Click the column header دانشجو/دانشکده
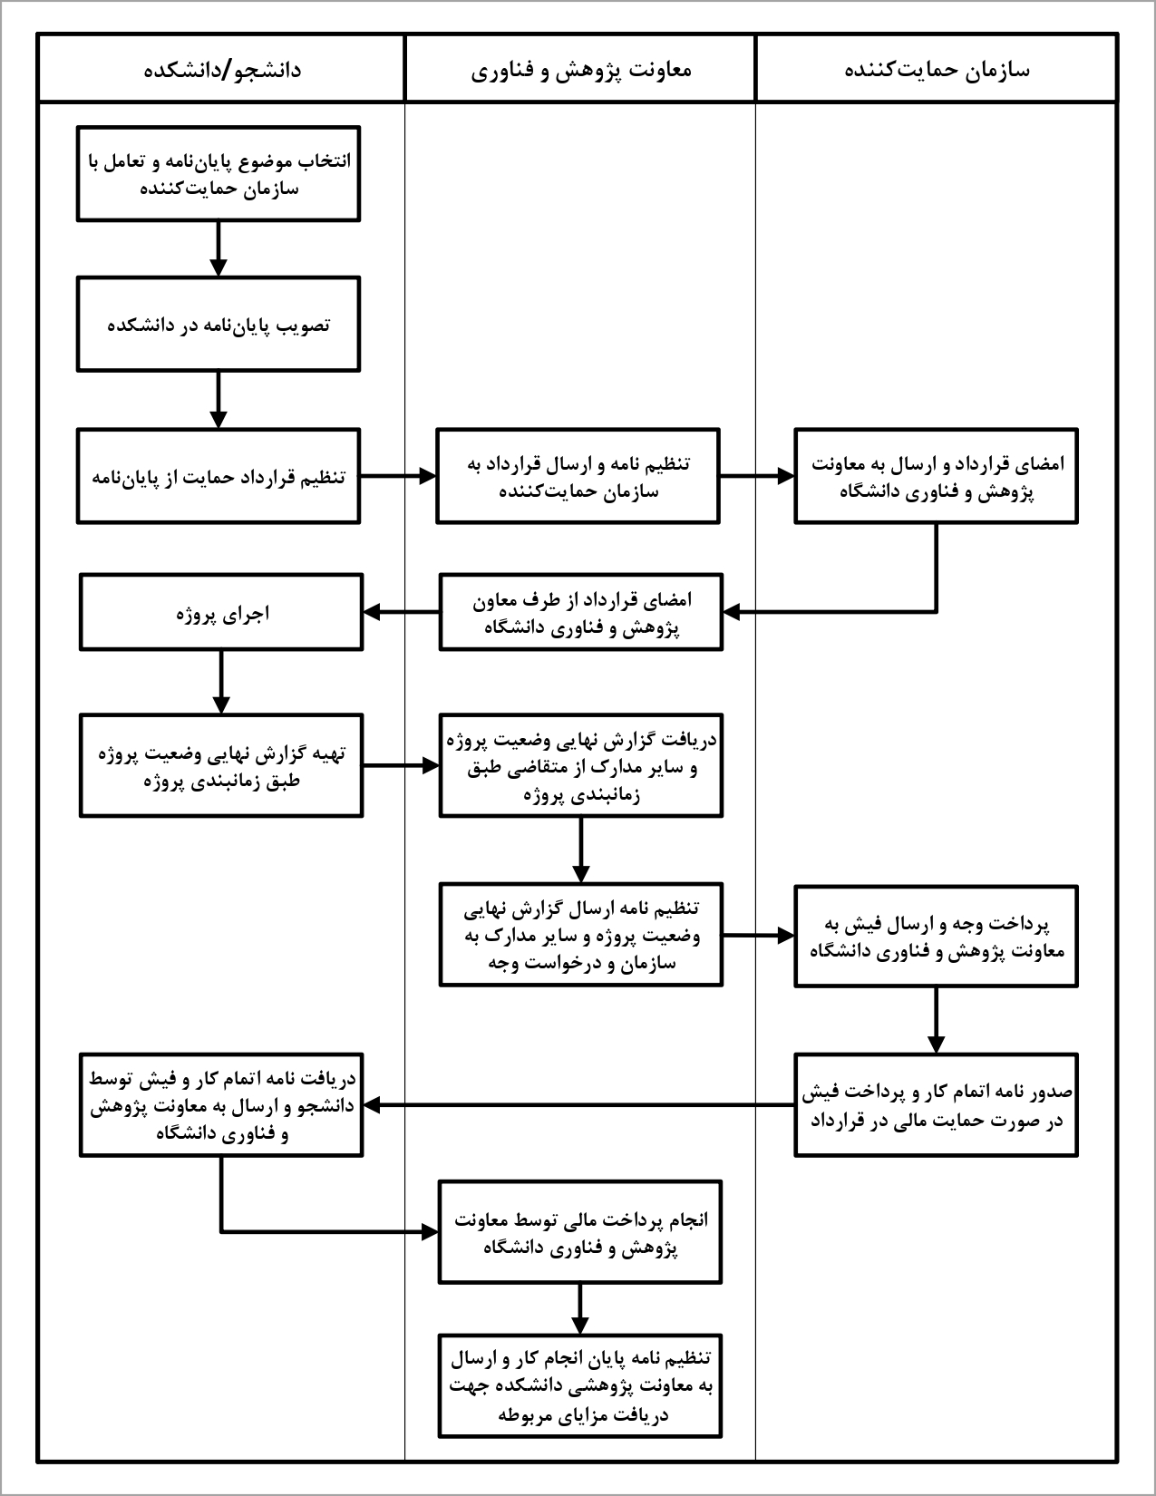pyautogui.click(x=221, y=70)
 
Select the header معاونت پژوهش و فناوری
pyautogui.click(x=580, y=70)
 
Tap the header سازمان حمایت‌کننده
pyautogui.click(x=936, y=70)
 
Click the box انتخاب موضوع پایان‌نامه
pyautogui.click(x=219, y=174)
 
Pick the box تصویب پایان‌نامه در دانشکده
pyautogui.click(x=219, y=325)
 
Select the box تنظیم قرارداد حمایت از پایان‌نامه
pyautogui.click(x=219, y=476)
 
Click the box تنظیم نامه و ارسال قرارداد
pyautogui.click(x=578, y=476)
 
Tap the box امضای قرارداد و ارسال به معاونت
pyautogui.click(x=936, y=476)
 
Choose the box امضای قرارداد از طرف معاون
pyautogui.click(x=581, y=612)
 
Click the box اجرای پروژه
pyautogui.click(x=221, y=612)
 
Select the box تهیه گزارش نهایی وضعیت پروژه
pyautogui.click(x=221, y=766)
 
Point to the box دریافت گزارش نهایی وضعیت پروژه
pyautogui.click(x=581, y=766)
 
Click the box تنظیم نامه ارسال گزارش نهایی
pyautogui.click(x=581, y=935)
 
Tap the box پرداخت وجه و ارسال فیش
pyautogui.click(x=936, y=936)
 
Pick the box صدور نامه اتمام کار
pyautogui.click(x=936, y=1104)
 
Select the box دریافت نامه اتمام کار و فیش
pyautogui.click(x=221, y=1104)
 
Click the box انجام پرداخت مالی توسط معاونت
pyautogui.click(x=580, y=1231)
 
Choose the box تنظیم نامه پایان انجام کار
pyautogui.click(x=580, y=1385)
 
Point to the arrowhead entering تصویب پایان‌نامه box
pyautogui.click(x=219, y=268)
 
